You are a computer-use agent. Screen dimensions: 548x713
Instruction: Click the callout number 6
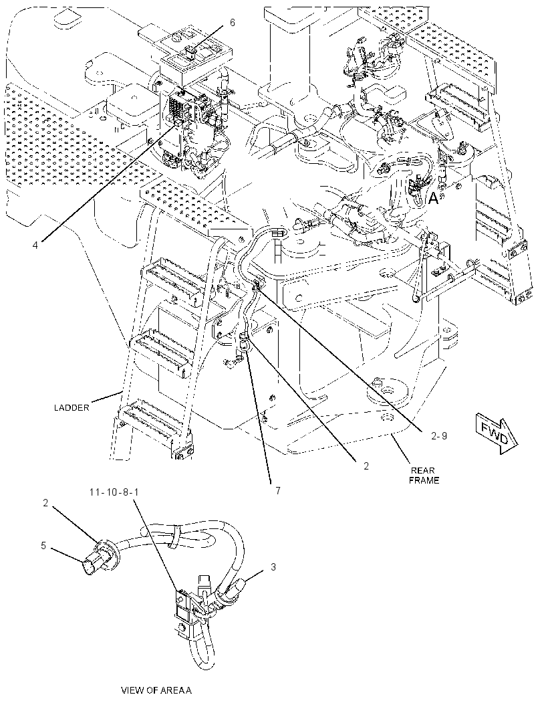tap(232, 22)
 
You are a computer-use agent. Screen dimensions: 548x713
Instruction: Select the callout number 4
tap(35, 245)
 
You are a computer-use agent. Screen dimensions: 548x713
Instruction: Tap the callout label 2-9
tap(439, 435)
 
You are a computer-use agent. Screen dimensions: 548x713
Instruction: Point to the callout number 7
tap(277, 491)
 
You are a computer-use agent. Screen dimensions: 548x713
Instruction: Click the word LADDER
tap(72, 407)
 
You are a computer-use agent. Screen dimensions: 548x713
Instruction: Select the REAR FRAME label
tap(424, 475)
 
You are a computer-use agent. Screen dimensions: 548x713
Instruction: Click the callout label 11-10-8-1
tap(114, 492)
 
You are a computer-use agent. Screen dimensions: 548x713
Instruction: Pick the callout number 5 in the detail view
tap(43, 545)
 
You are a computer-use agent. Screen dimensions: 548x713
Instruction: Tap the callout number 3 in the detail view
tap(273, 567)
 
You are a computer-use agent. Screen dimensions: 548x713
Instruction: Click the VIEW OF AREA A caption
tap(156, 690)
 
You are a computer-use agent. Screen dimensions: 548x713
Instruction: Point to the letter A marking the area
tap(434, 199)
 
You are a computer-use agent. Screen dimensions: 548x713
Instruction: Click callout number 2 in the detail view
tap(45, 502)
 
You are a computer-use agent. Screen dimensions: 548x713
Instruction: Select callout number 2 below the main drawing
tap(366, 466)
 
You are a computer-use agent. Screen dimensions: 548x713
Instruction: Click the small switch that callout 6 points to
tap(191, 52)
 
